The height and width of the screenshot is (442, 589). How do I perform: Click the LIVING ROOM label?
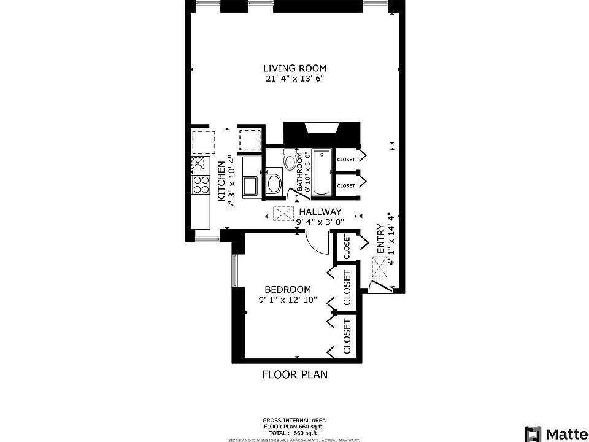pyautogui.click(x=294, y=68)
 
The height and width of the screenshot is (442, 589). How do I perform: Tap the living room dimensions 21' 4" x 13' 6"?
pyautogui.click(x=294, y=79)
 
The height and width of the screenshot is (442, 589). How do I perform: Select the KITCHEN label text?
pyautogui.click(x=221, y=181)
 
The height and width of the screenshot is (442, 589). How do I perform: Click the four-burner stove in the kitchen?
pyautogui.click(x=199, y=182)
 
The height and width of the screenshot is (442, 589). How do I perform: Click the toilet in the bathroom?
pyautogui.click(x=290, y=161)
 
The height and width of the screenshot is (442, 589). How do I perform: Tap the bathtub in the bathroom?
pyautogui.click(x=321, y=173)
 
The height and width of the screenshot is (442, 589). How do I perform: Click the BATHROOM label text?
pyautogui.click(x=300, y=173)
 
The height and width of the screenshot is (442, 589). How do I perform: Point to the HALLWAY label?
pyautogui.click(x=320, y=212)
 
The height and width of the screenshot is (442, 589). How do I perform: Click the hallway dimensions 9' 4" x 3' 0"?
pyautogui.click(x=320, y=222)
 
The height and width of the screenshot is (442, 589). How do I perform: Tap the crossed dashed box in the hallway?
pyautogui.click(x=283, y=214)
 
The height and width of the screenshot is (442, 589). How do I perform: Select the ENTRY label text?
pyautogui.click(x=380, y=239)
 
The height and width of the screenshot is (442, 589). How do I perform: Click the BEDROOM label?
pyautogui.click(x=287, y=290)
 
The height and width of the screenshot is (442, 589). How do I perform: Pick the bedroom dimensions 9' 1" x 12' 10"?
pyautogui.click(x=287, y=300)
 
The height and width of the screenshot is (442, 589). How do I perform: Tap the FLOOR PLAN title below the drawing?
pyautogui.click(x=294, y=374)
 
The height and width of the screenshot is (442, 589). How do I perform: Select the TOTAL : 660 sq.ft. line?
pyautogui.click(x=294, y=433)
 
